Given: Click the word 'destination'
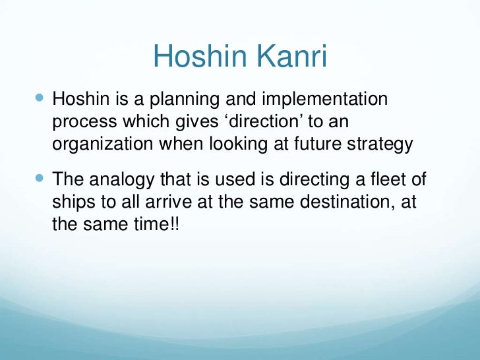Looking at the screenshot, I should tap(333, 202).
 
